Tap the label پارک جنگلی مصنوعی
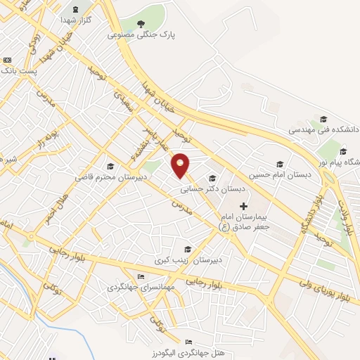coord(142,34)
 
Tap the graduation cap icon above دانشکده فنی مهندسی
coord(323,119)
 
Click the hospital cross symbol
coord(244,206)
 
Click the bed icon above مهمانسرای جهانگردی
coord(141,276)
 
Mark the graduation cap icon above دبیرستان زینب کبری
coord(187,248)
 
